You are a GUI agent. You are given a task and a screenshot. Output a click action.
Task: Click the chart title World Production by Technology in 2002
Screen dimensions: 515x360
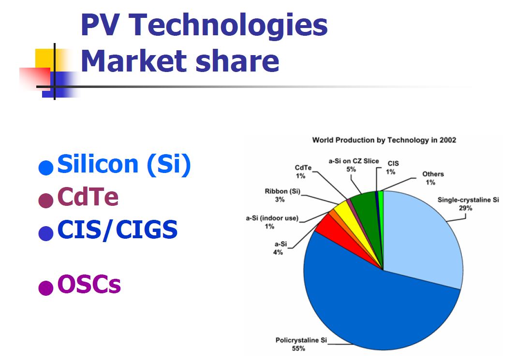click(x=384, y=140)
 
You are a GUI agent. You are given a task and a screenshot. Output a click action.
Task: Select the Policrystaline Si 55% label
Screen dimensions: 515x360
click(x=301, y=344)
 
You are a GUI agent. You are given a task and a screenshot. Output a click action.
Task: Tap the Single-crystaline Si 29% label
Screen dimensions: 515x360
click(x=468, y=204)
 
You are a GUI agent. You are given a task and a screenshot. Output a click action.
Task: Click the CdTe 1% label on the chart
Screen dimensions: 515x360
click(x=303, y=172)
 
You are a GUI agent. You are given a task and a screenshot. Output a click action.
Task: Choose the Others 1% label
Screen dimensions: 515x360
click(x=433, y=178)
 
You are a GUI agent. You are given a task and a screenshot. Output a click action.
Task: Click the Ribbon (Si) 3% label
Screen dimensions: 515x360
click(x=282, y=195)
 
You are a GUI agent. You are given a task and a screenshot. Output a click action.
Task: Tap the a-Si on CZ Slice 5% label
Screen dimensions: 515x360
click(x=354, y=165)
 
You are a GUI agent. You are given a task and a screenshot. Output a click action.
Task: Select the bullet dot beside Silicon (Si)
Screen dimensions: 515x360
click(x=46, y=168)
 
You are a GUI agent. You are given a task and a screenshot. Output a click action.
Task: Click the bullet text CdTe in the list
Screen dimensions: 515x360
click(x=88, y=197)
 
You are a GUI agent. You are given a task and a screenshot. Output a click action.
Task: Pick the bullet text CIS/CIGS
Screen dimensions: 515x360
click(x=117, y=230)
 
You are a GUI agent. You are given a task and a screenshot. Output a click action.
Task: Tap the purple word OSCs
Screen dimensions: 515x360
click(x=89, y=284)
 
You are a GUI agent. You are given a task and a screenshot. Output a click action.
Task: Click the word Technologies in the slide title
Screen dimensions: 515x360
click(x=228, y=26)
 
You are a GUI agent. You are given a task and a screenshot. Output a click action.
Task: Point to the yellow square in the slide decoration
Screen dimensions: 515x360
click(x=45, y=59)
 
